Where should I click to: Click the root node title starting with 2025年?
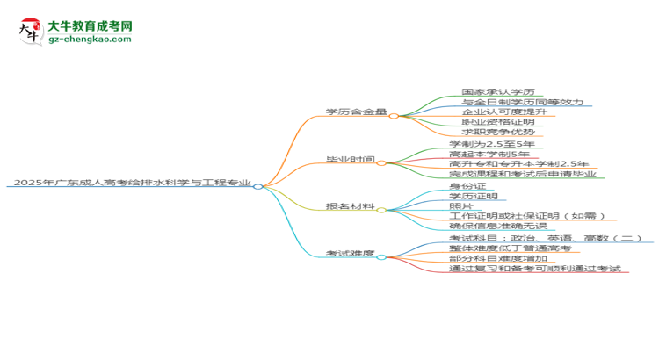click(133, 183)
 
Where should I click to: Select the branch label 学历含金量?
click(356, 112)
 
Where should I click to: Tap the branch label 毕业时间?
click(350, 159)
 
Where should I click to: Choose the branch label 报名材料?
click(350, 206)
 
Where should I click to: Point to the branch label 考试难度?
click(350, 253)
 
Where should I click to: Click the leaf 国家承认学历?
click(498, 91)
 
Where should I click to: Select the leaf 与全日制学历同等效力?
click(523, 102)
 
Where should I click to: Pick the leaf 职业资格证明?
click(498, 122)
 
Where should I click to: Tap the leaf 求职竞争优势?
click(498, 132)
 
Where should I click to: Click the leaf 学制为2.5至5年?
click(492, 144)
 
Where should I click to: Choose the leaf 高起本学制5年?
click(489, 154)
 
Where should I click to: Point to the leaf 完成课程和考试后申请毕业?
click(523, 174)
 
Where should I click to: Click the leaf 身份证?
click(467, 185)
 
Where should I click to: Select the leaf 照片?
click(461, 205)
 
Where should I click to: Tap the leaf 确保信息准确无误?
click(498, 226)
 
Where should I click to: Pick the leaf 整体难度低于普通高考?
click(511, 248)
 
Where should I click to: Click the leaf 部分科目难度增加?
click(498, 258)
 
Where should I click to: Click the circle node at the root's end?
click(258, 186)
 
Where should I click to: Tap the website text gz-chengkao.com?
click(90, 39)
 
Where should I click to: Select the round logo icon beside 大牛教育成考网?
click(31, 32)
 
